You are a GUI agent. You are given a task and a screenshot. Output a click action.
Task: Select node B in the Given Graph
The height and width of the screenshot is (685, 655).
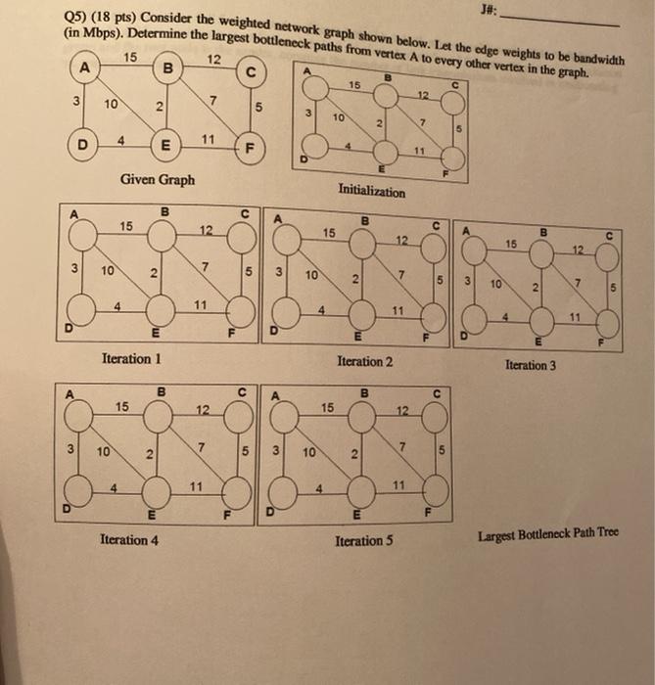click(x=167, y=68)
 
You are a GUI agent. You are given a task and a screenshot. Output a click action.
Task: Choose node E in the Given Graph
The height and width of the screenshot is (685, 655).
click(x=166, y=148)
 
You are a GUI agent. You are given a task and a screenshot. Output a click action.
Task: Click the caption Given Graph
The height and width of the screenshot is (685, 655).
click(x=157, y=179)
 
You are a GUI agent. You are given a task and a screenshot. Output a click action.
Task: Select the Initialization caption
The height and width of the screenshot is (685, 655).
click(x=371, y=192)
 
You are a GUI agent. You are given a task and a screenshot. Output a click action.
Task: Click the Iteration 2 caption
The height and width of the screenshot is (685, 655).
click(x=364, y=362)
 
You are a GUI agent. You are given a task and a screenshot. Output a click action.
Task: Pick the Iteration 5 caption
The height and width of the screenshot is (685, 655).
click(x=363, y=540)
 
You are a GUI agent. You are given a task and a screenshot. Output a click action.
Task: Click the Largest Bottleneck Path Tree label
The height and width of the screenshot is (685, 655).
click(x=547, y=534)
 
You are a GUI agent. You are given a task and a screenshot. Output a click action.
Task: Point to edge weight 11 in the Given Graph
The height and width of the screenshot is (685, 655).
click(x=208, y=140)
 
